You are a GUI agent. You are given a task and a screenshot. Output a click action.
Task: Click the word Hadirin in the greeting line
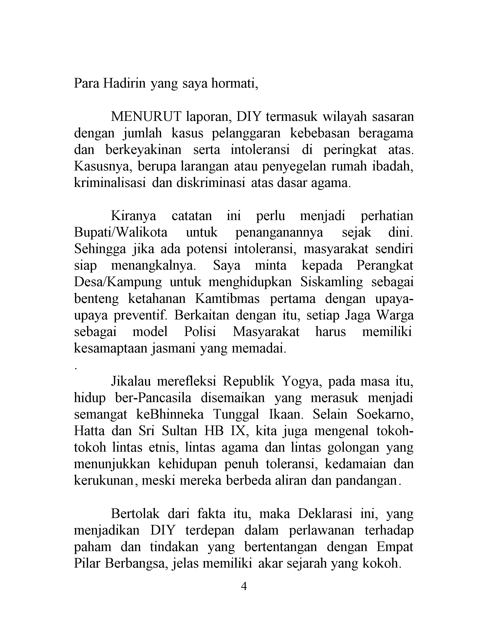[x=124, y=84]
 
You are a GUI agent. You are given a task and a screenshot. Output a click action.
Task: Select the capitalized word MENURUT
[x=146, y=117]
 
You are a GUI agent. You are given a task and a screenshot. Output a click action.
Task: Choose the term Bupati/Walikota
[x=121, y=232]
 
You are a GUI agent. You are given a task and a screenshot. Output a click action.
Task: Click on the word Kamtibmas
[x=227, y=299]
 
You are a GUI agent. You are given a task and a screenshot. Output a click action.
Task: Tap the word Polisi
[x=200, y=332]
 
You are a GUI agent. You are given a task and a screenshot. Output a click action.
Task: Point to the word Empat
[x=395, y=547]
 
